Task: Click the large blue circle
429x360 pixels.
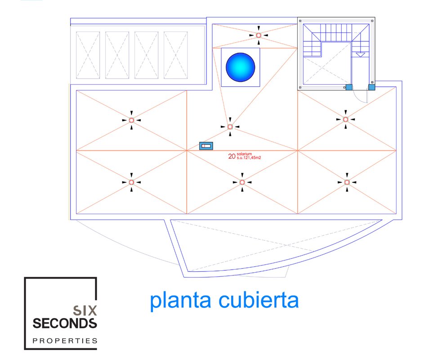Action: coord(241,67)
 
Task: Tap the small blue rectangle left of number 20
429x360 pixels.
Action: coord(206,146)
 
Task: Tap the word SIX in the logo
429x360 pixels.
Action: coord(84,310)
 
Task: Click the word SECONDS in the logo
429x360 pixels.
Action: coord(65,323)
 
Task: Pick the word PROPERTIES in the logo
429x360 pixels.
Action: coord(65,341)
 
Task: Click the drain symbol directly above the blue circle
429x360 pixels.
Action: coord(259,35)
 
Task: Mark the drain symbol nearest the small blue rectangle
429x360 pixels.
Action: coord(230,127)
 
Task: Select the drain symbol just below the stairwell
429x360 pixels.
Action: coord(345,119)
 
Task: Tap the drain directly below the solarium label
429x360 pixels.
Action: coord(242,182)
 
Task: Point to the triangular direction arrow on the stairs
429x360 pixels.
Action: coord(361,54)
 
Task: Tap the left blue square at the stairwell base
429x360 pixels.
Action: coord(349,87)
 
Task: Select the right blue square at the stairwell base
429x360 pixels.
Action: coord(372,87)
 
